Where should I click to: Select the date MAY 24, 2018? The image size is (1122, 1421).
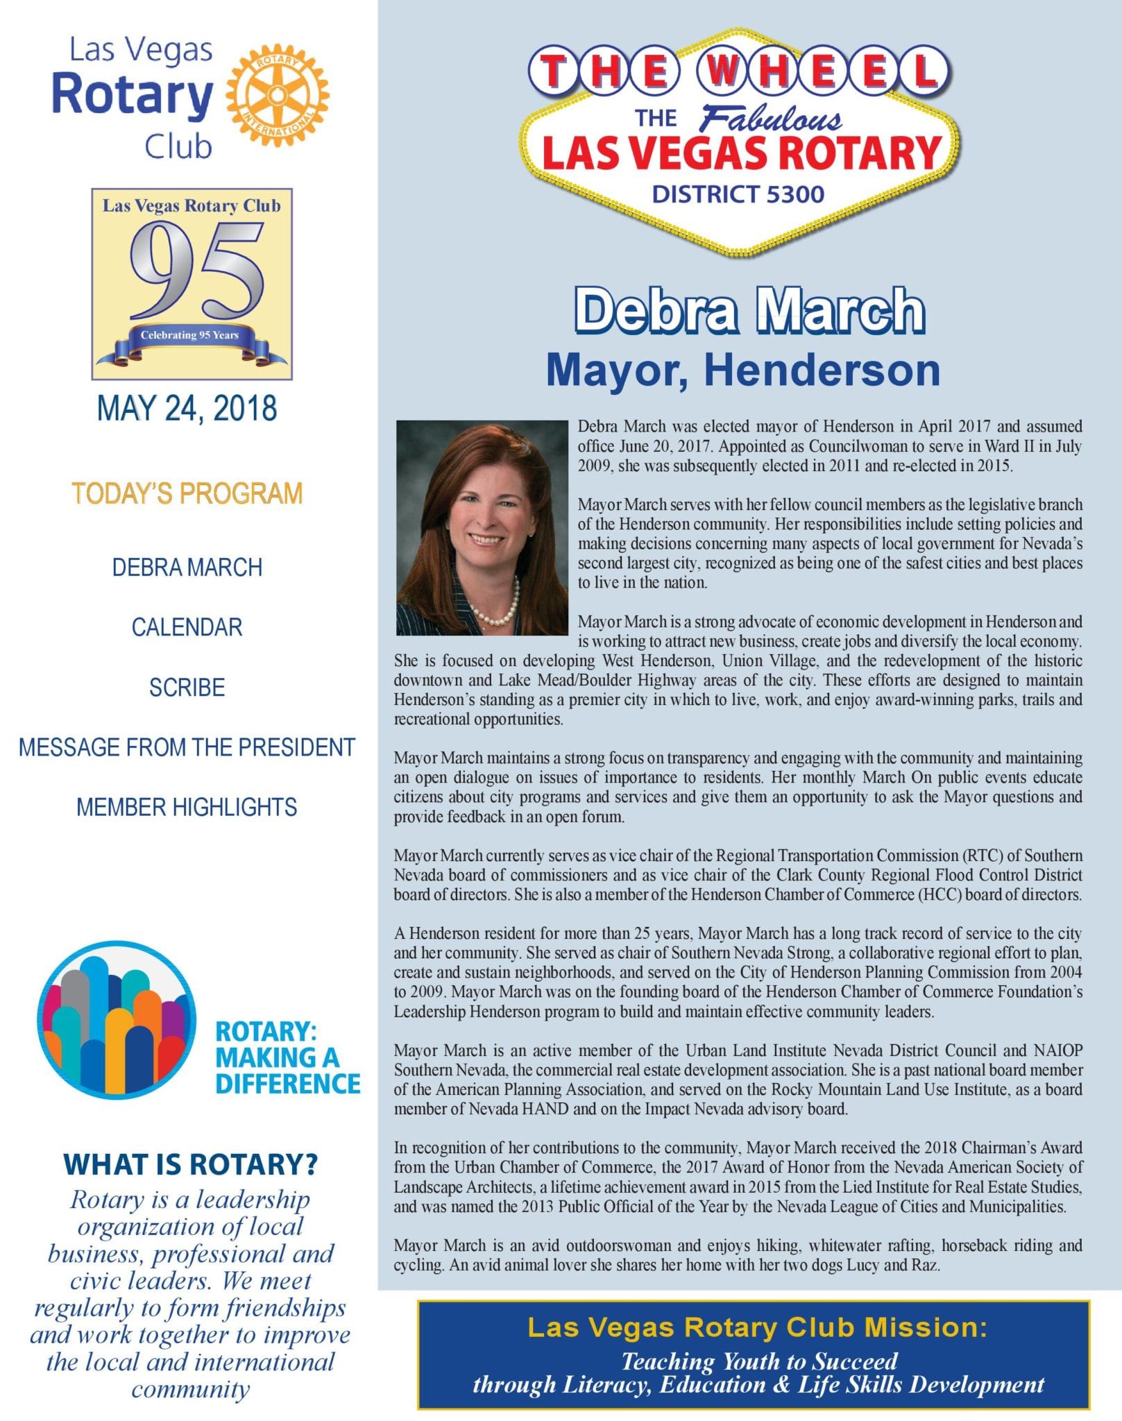point(187,408)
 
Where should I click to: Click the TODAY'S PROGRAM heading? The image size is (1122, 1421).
point(187,493)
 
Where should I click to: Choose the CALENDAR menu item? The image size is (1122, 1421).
point(187,627)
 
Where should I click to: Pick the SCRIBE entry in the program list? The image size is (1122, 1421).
point(187,687)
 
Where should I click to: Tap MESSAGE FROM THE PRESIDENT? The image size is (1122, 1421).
point(187,747)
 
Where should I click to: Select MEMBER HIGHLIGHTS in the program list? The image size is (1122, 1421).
point(187,807)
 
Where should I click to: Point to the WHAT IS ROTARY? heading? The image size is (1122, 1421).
point(190,1164)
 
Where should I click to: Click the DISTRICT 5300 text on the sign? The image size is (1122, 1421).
point(738,194)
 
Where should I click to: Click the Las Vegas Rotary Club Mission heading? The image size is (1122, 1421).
point(756,1327)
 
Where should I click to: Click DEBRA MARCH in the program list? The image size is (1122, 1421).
point(187,568)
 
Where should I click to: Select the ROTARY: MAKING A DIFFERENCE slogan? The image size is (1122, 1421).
point(287,1057)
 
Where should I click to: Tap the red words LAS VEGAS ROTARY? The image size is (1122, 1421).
point(740,154)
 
